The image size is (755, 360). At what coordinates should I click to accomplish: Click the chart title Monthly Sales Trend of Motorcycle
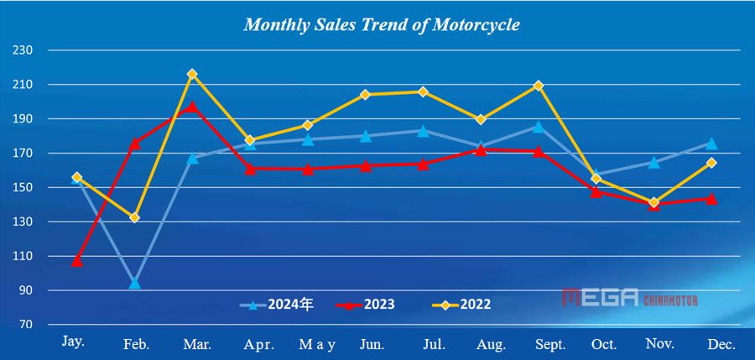click(382, 25)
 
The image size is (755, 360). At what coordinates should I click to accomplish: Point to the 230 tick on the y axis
click(23, 50)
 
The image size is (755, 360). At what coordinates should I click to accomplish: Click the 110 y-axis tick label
click(23, 257)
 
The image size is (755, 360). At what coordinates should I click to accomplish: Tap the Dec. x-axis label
click(721, 345)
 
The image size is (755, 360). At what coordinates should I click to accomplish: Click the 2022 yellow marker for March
click(192, 75)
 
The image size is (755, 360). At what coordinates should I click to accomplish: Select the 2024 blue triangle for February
click(134, 283)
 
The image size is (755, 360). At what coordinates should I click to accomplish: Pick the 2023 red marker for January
click(77, 261)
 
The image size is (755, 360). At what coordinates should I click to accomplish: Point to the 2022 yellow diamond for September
click(539, 86)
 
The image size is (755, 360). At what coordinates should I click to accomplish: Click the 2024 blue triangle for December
click(711, 143)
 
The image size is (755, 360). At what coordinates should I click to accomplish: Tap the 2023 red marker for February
click(134, 143)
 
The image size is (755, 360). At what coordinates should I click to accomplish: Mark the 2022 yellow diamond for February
click(134, 217)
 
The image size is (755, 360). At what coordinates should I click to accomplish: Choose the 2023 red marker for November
click(653, 204)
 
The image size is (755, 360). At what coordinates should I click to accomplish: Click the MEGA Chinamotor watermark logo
click(630, 298)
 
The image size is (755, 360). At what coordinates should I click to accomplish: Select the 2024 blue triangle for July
click(423, 131)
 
